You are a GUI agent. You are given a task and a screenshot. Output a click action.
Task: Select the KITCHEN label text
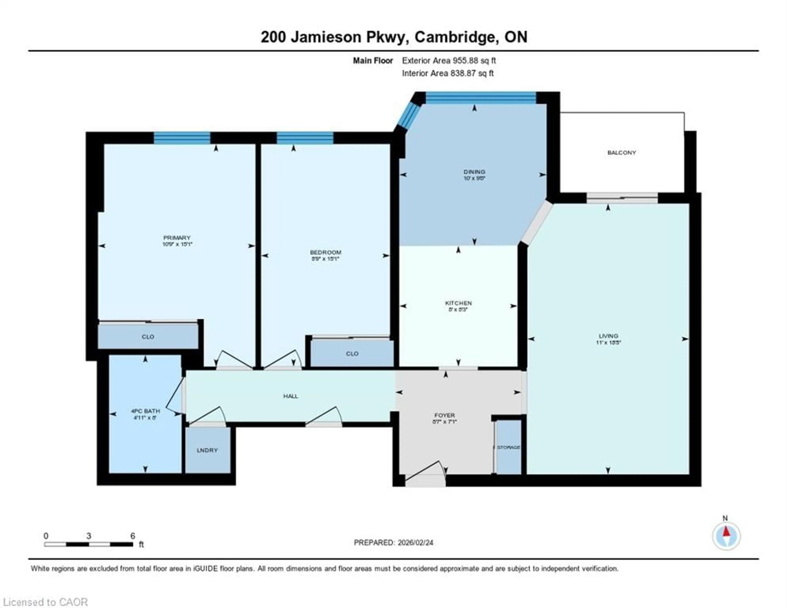tap(458, 303)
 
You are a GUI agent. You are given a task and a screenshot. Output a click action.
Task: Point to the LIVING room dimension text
tap(608, 342)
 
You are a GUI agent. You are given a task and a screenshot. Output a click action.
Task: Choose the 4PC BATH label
tap(145, 411)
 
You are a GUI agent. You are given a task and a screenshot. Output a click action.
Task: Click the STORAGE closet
tap(508, 447)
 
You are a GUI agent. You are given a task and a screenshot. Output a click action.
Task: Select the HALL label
tap(290, 396)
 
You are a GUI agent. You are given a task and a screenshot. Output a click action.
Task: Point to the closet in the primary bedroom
tap(148, 337)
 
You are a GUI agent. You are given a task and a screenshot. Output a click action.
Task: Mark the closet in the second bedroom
tap(352, 353)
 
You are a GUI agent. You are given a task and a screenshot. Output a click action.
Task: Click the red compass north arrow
tap(726, 532)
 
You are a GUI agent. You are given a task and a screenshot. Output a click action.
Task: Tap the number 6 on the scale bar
tap(133, 536)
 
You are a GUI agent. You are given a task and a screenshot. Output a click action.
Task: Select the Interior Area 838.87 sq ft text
tap(448, 73)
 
